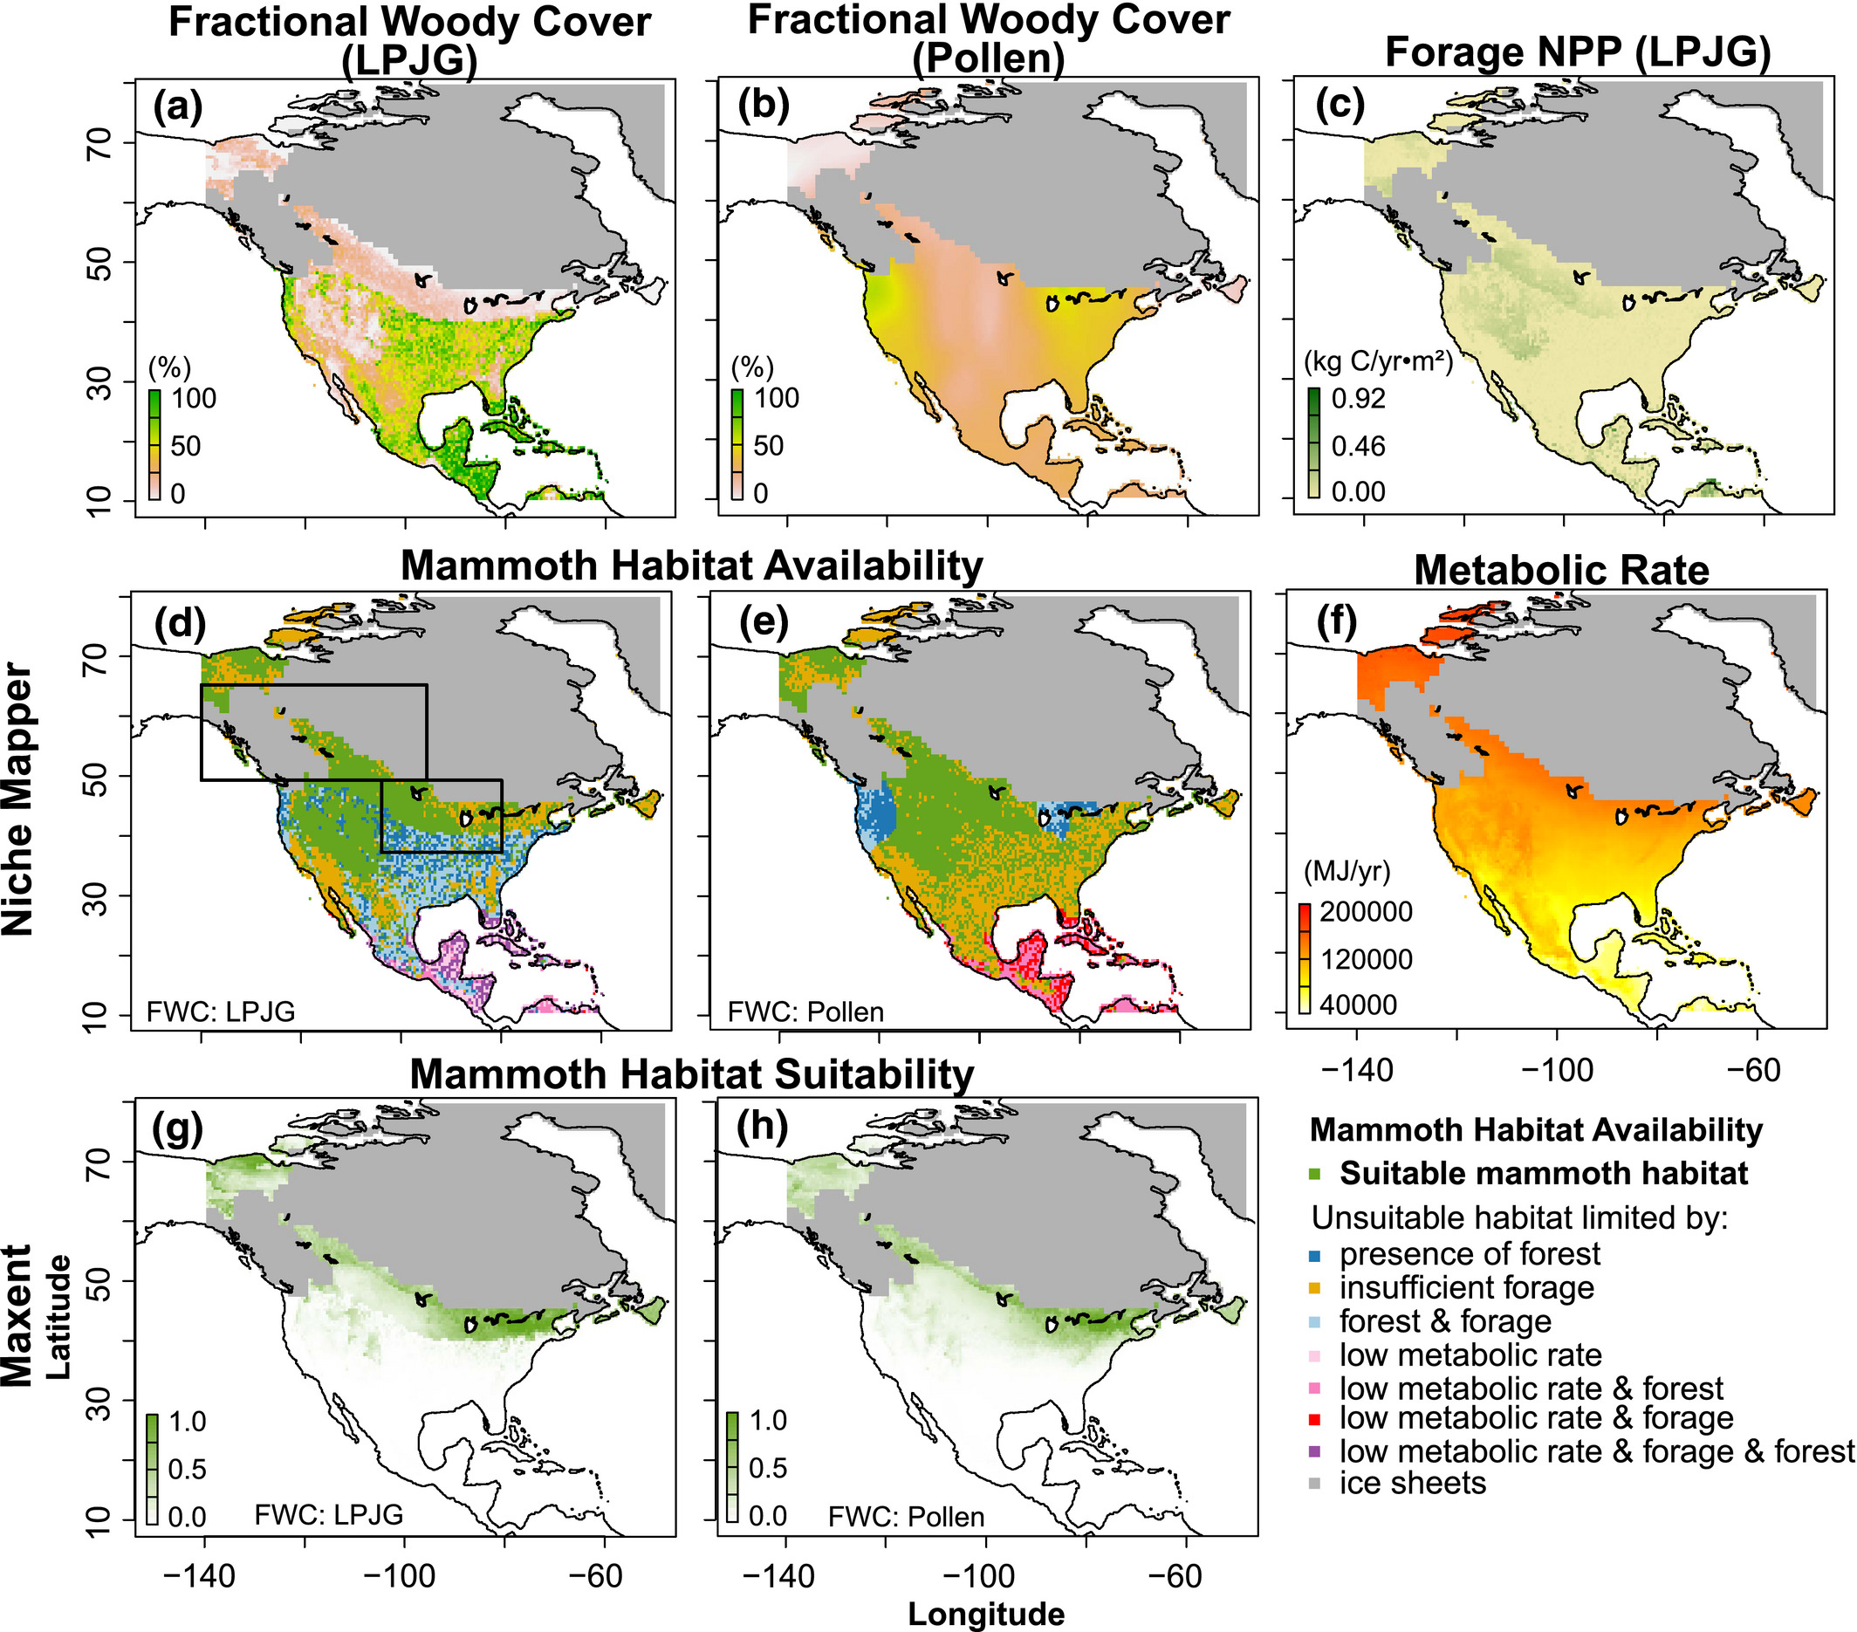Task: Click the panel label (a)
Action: coord(177,106)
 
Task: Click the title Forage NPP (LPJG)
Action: coord(1577,52)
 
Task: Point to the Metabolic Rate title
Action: coord(1561,570)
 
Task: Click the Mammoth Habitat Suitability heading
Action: coord(691,1074)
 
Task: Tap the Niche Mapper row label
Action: coord(18,800)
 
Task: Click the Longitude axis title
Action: coord(986,1614)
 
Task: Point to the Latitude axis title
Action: coord(58,1317)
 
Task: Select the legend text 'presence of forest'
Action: coord(1469,1254)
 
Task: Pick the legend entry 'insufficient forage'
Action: coord(1466,1287)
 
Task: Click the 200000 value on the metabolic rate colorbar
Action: coord(1366,911)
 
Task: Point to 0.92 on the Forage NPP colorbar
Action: coord(1358,398)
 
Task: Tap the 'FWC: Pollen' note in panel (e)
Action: coord(805,1011)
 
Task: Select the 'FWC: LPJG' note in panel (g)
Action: coord(328,1515)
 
